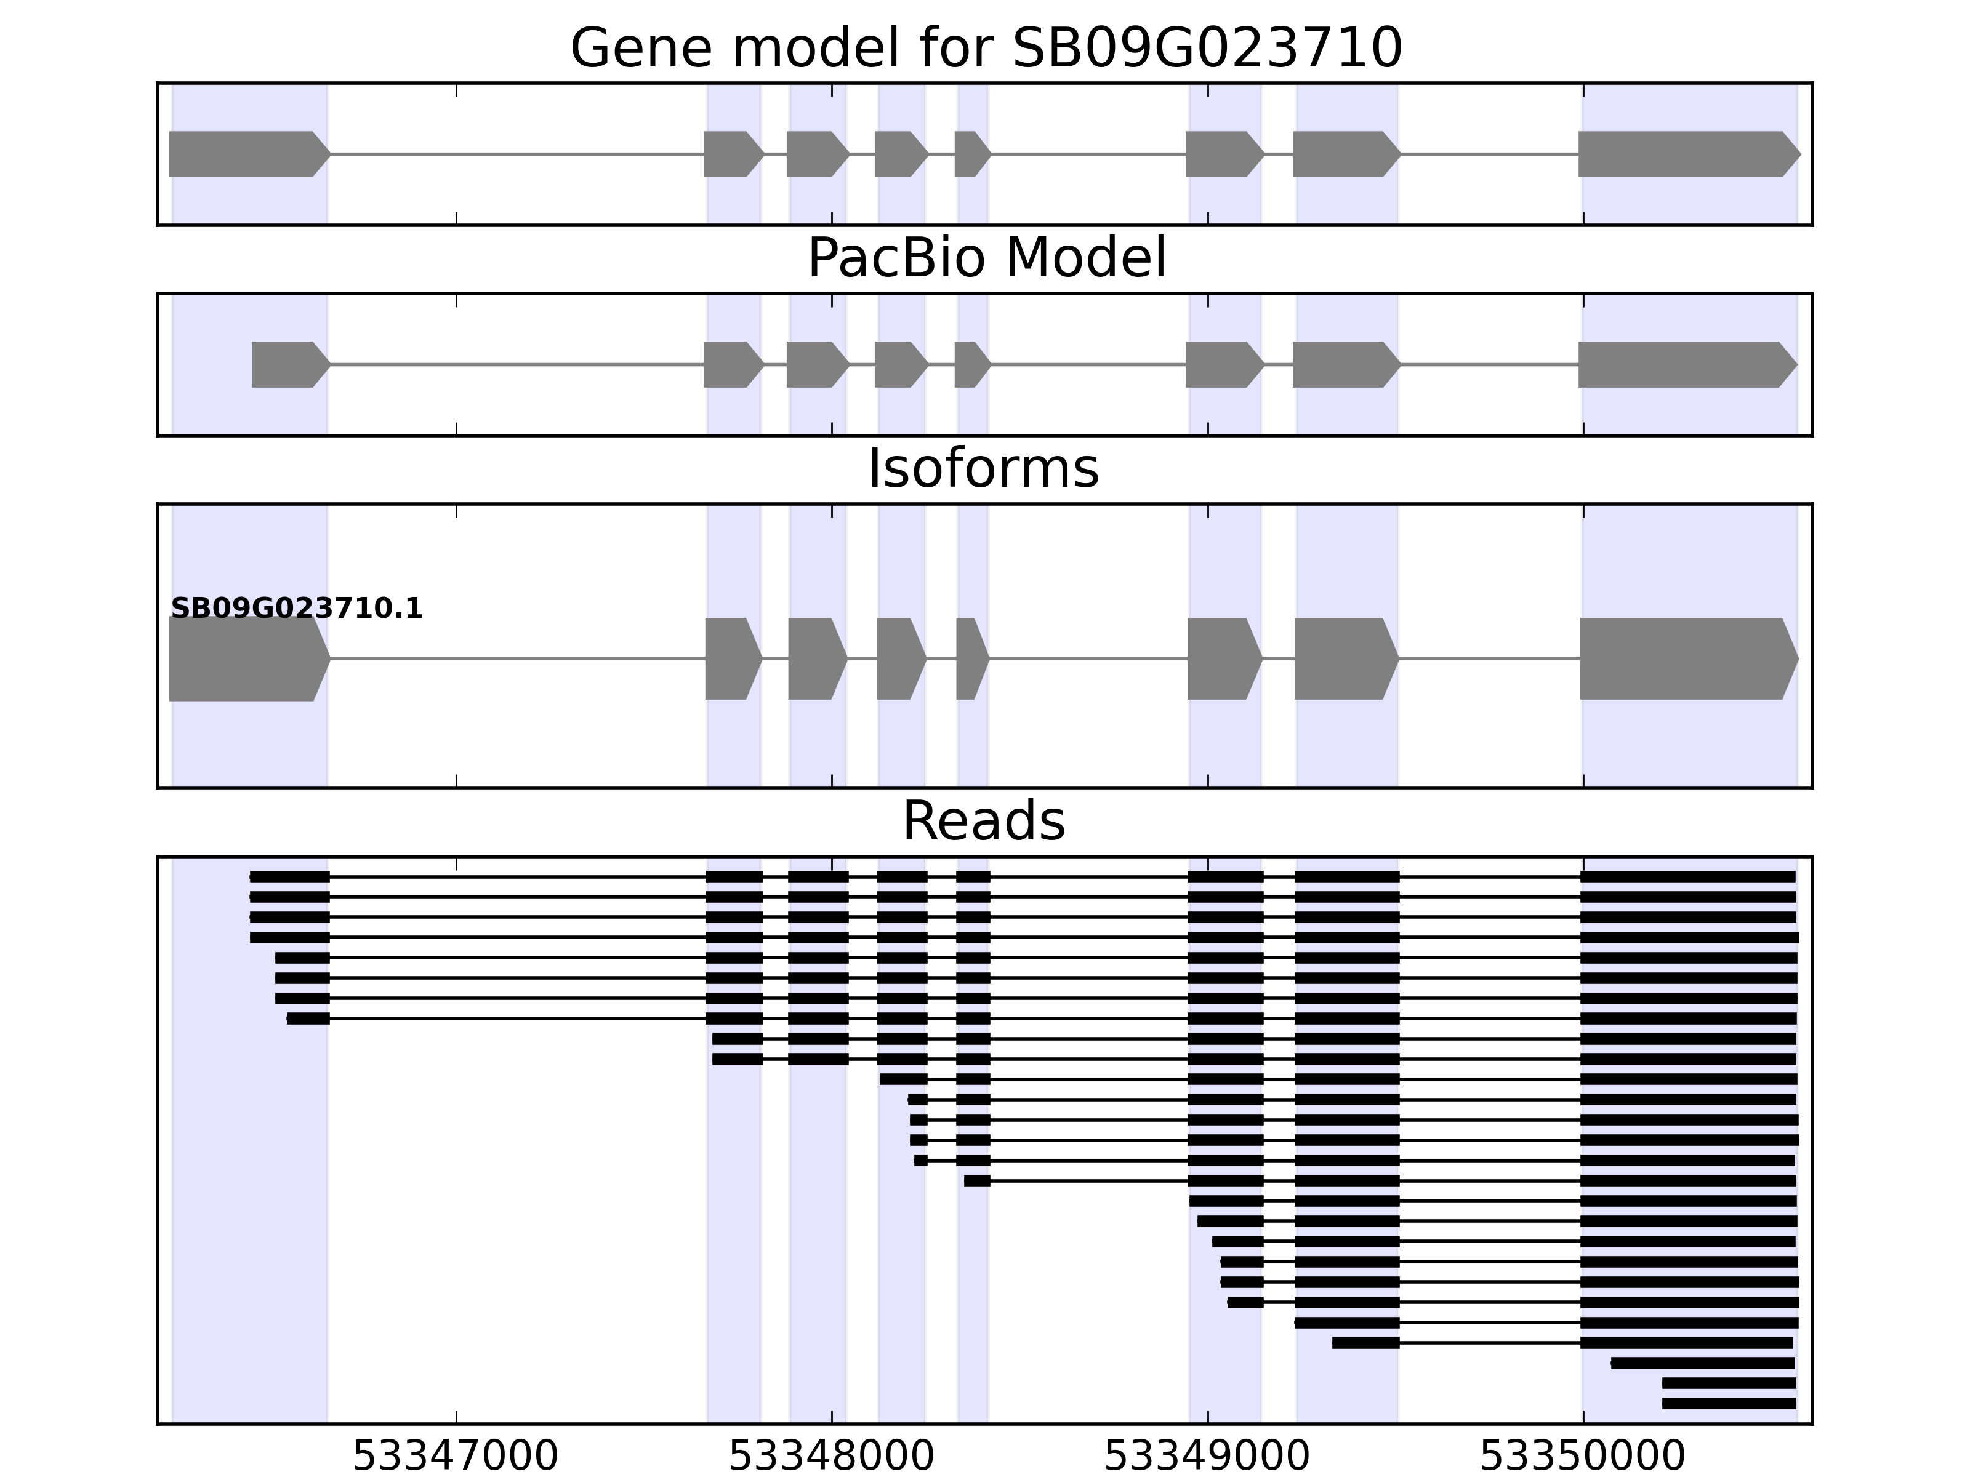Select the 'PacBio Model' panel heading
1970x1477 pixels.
[985, 258]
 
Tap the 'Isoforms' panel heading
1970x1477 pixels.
[983, 469]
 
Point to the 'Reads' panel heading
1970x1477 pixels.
[983, 821]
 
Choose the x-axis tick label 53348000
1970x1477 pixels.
[831, 1457]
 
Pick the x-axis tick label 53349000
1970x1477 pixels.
[1207, 1457]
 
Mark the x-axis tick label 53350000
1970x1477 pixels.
[1583, 1457]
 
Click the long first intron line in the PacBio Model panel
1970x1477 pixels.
[517, 364]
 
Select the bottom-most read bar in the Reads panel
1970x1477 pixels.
[1729, 1404]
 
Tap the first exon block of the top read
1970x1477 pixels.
[289, 877]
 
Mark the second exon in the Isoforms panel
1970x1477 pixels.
[732, 659]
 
